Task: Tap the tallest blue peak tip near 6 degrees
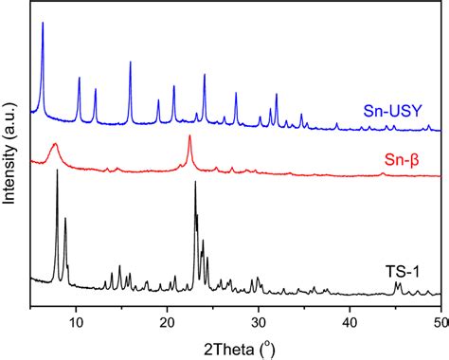43,24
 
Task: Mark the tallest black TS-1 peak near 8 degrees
58,171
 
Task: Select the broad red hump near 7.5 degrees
54,144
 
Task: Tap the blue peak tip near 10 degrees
80,78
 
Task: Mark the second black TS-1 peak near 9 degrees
65,218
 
